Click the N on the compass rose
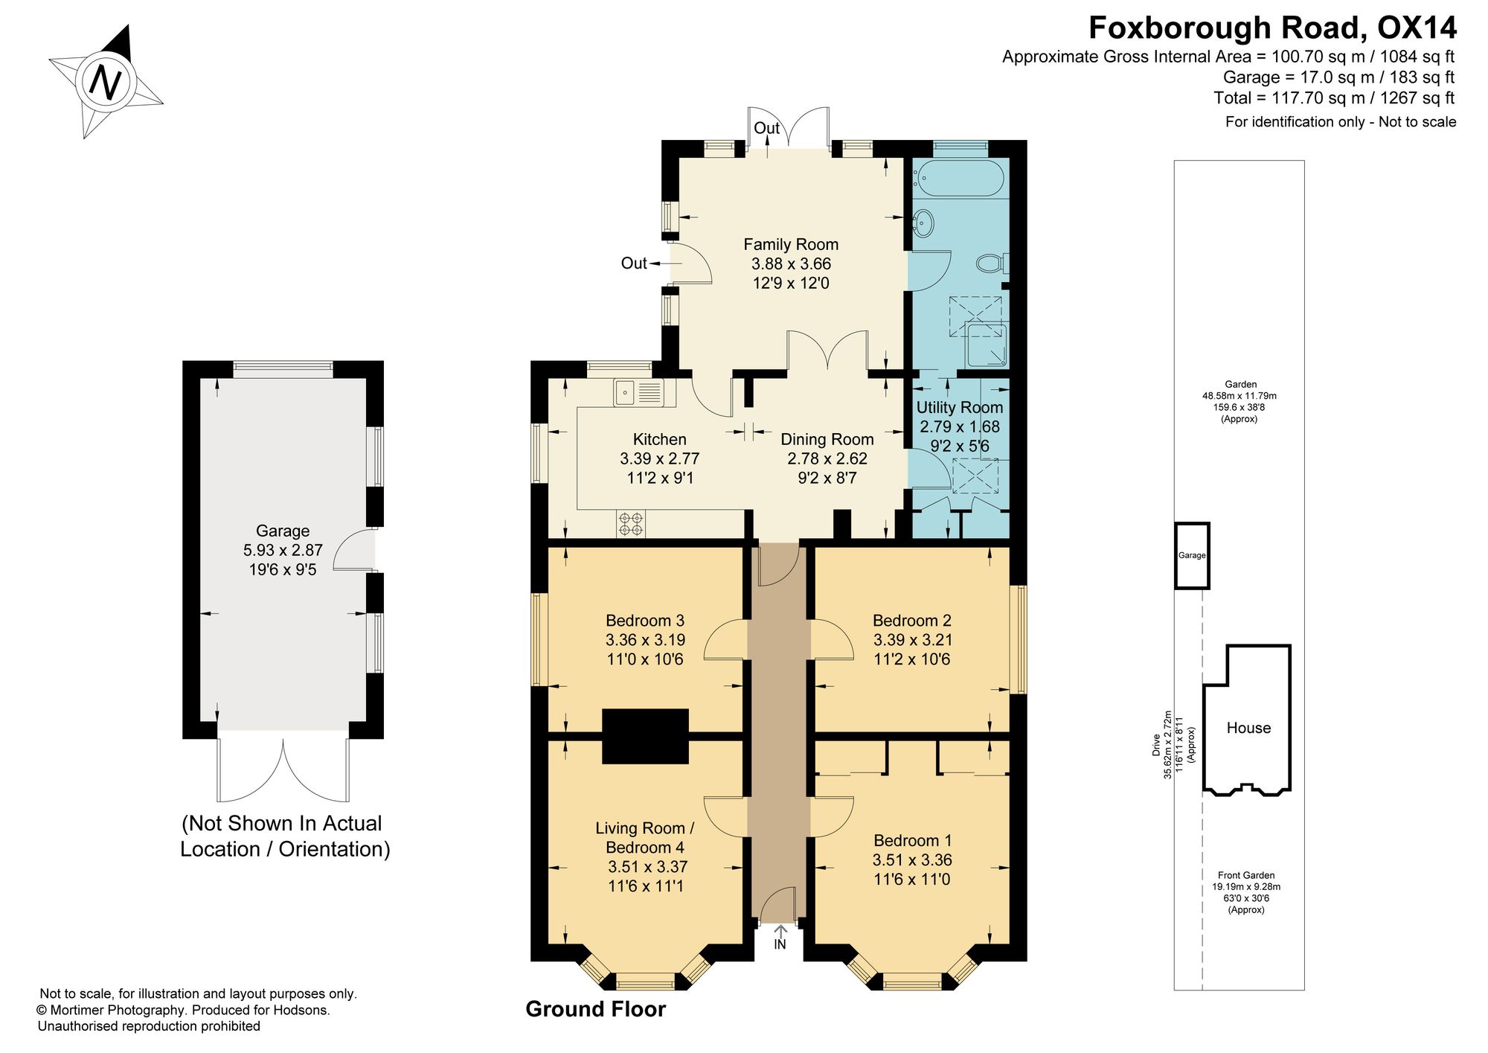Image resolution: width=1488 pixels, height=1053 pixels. click(x=106, y=81)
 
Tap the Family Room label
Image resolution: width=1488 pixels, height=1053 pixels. click(x=791, y=244)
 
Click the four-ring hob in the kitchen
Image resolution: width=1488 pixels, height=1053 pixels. click(x=631, y=523)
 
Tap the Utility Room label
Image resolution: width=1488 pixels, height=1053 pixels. click(x=960, y=407)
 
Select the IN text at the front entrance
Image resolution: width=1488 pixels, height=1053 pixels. click(x=780, y=944)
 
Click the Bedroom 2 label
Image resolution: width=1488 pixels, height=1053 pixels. click(x=912, y=620)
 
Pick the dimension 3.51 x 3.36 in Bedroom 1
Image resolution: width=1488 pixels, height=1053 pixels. click(x=912, y=860)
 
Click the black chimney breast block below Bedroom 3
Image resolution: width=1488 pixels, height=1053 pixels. click(x=645, y=736)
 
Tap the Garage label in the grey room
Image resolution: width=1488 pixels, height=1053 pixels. click(x=283, y=531)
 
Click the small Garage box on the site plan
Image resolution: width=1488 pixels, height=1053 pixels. click(x=1192, y=555)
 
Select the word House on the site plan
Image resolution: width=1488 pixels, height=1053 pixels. click(x=1248, y=728)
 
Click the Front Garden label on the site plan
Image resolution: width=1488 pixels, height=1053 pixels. click(x=1246, y=875)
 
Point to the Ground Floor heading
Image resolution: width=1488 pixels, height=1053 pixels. click(x=596, y=1009)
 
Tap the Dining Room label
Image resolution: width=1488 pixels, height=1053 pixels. click(x=827, y=439)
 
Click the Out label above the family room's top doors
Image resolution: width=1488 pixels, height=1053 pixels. click(x=767, y=128)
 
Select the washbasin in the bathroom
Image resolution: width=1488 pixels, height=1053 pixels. click(x=923, y=221)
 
